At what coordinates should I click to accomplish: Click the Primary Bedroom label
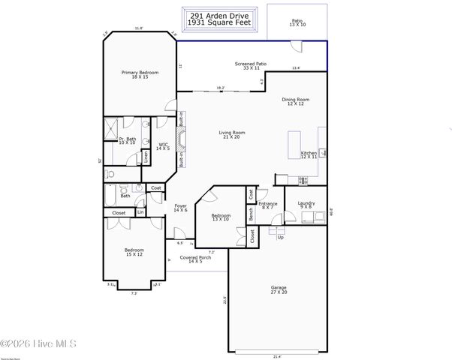140,74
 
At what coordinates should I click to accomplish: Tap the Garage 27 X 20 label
279,289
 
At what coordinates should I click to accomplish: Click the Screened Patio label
251,66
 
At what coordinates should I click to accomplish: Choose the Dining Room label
295,101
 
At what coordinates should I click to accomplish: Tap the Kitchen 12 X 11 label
309,154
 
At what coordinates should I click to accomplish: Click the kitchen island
294,144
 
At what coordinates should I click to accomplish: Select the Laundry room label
306,204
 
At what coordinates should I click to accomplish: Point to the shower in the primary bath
111,125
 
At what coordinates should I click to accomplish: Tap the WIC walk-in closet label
164,146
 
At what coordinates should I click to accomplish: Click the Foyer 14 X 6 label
181,207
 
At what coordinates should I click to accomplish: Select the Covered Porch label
195,259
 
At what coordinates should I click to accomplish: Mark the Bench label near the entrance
251,211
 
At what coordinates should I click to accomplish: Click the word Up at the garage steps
280,237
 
